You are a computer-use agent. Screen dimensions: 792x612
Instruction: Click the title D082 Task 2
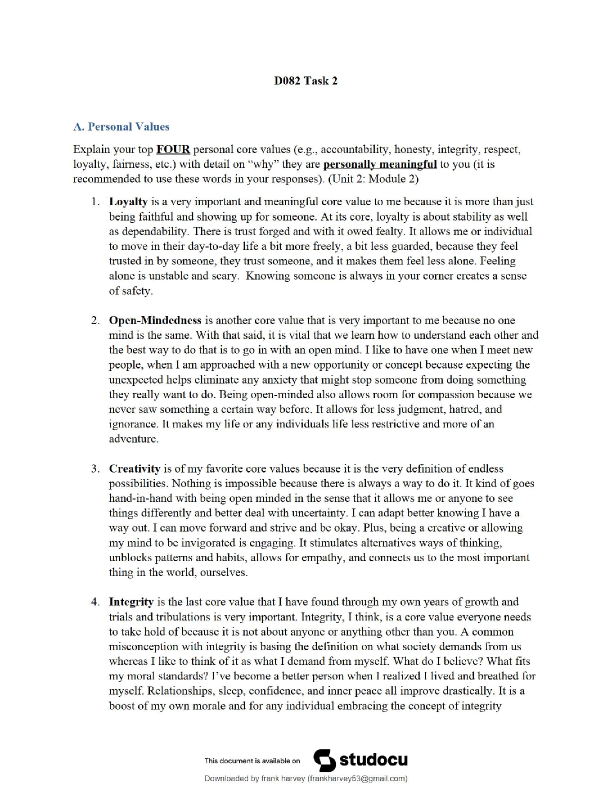pyautogui.click(x=305, y=81)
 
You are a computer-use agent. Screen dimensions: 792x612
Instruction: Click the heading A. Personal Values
pyautogui.click(x=121, y=127)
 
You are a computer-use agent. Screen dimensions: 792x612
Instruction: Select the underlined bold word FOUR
pyautogui.click(x=173, y=149)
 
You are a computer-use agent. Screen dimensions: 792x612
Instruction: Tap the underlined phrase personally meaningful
pyautogui.click(x=380, y=164)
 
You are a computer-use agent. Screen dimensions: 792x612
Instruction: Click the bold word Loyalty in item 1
pyautogui.click(x=128, y=202)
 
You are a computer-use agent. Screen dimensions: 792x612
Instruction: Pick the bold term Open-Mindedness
pyautogui.click(x=155, y=320)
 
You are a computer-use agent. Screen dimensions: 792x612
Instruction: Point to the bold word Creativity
pyautogui.click(x=134, y=469)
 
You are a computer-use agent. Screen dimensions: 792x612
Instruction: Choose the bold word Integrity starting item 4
pyautogui.click(x=131, y=602)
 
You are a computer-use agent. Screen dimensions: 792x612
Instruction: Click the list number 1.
pyautogui.click(x=95, y=202)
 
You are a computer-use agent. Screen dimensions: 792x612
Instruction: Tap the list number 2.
pyautogui.click(x=95, y=320)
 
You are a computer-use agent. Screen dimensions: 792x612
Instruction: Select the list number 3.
pyautogui.click(x=95, y=469)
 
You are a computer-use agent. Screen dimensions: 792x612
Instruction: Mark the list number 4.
pyautogui.click(x=95, y=602)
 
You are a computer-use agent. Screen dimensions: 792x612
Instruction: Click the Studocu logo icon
pyautogui.click(x=324, y=760)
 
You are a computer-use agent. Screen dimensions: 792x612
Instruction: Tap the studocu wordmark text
pyautogui.click(x=373, y=760)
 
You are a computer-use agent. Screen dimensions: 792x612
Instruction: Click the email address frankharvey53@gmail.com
pyautogui.click(x=357, y=778)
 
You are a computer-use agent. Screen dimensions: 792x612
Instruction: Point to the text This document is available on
pyautogui.click(x=252, y=761)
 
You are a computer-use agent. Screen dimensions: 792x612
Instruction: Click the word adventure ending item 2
pyautogui.click(x=133, y=439)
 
